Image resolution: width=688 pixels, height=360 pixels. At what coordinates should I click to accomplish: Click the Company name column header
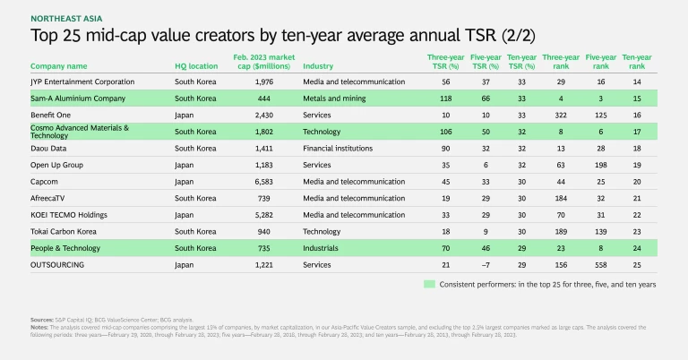[59, 66]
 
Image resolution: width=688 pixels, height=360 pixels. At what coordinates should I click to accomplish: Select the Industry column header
[321, 66]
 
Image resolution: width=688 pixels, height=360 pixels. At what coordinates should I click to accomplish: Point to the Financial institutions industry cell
[343, 148]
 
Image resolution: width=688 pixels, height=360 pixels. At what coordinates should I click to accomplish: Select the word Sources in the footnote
[41, 318]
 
